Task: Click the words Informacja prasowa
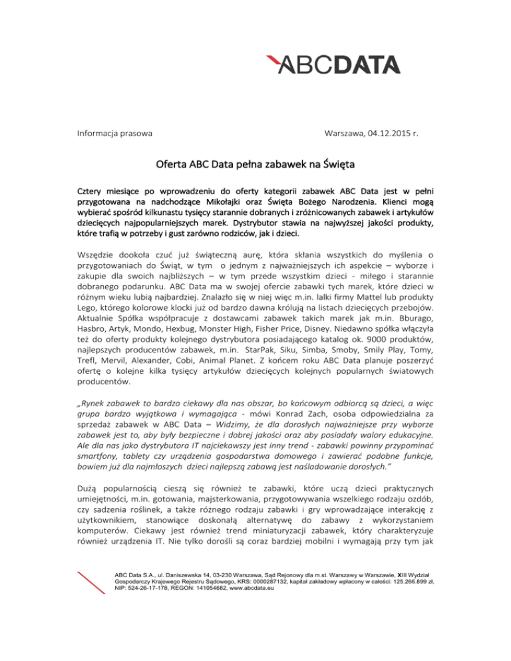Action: [x=112, y=133]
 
